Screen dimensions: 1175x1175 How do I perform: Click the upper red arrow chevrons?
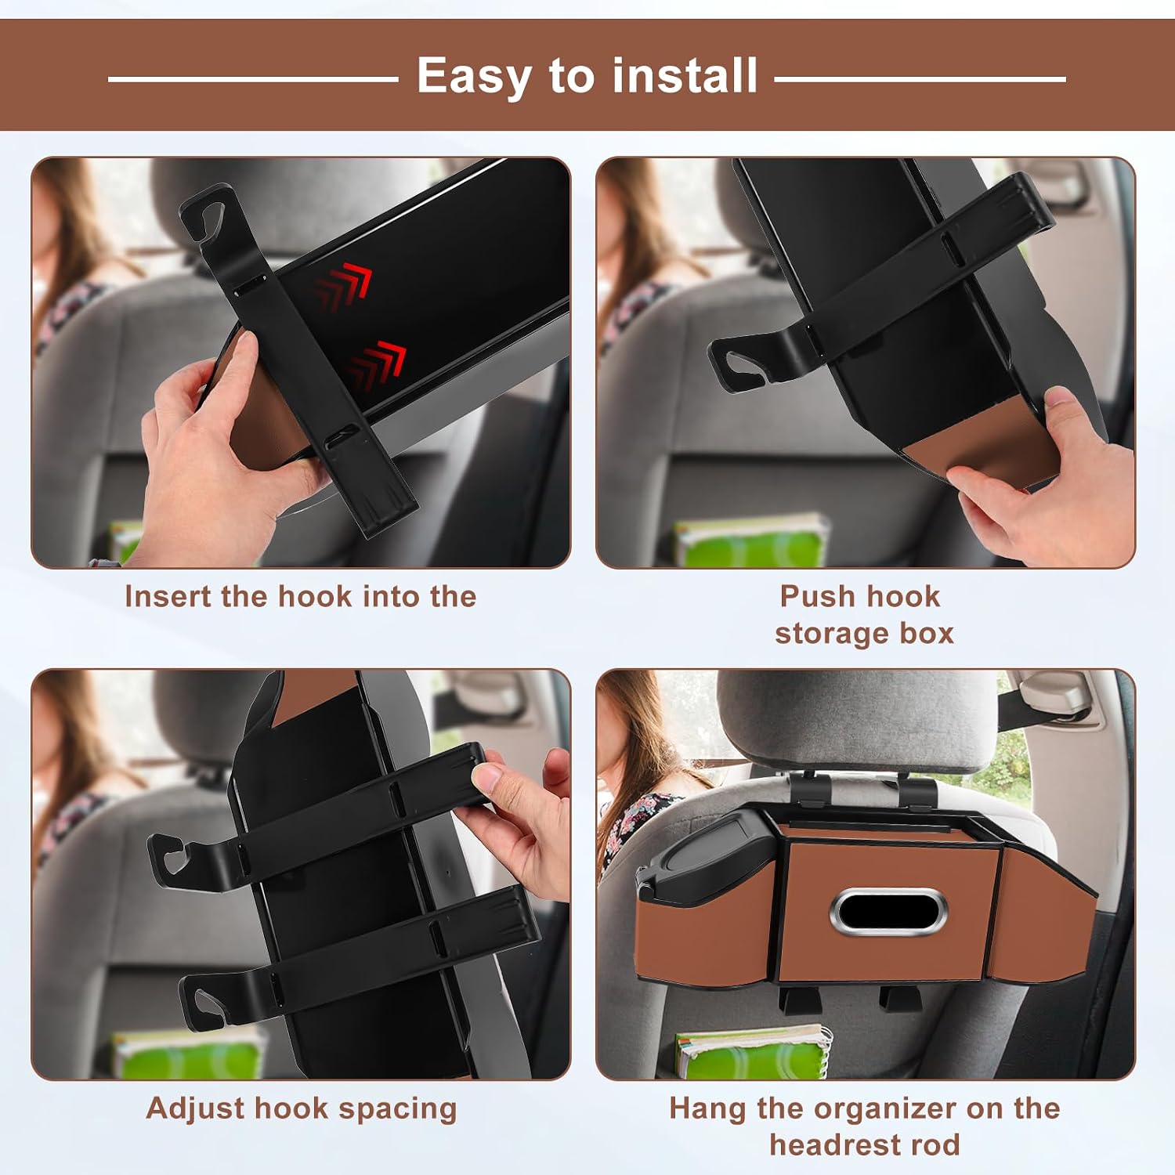pos(343,287)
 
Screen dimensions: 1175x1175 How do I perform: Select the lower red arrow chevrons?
pos(377,364)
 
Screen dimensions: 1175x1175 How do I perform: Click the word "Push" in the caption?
pos(817,597)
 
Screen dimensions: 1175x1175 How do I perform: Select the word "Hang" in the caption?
pos(707,1109)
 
